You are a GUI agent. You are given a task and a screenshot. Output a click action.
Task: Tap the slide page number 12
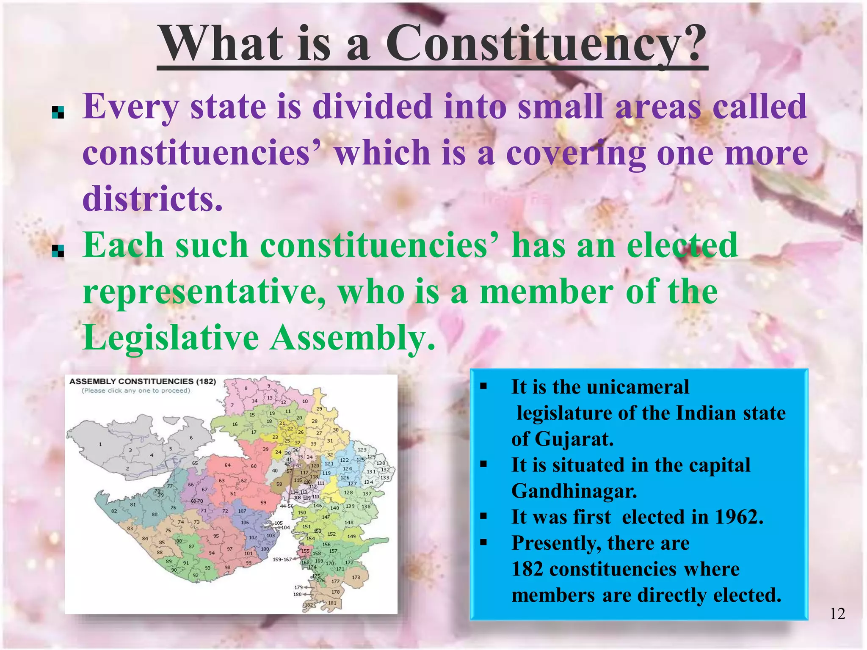point(837,614)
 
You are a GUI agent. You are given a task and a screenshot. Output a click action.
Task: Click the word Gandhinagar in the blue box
point(574,491)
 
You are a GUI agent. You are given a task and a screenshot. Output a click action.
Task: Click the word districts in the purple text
point(152,199)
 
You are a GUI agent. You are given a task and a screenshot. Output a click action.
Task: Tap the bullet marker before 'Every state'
point(58,112)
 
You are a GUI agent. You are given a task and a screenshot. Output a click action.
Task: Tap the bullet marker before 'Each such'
point(58,251)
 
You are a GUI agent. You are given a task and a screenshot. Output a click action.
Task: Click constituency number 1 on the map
point(100,444)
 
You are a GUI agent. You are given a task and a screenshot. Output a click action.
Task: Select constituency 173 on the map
point(356,577)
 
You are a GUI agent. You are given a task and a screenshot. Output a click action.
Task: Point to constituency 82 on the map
point(114,511)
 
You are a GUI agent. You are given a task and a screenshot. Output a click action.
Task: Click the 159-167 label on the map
point(282,559)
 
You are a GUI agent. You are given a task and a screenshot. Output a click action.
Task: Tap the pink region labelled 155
point(305,551)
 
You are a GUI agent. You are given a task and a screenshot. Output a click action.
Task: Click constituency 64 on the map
point(228,465)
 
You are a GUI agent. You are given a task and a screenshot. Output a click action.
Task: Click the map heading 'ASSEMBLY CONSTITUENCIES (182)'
point(143,381)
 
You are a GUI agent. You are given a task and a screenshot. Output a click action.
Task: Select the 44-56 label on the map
point(287,506)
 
